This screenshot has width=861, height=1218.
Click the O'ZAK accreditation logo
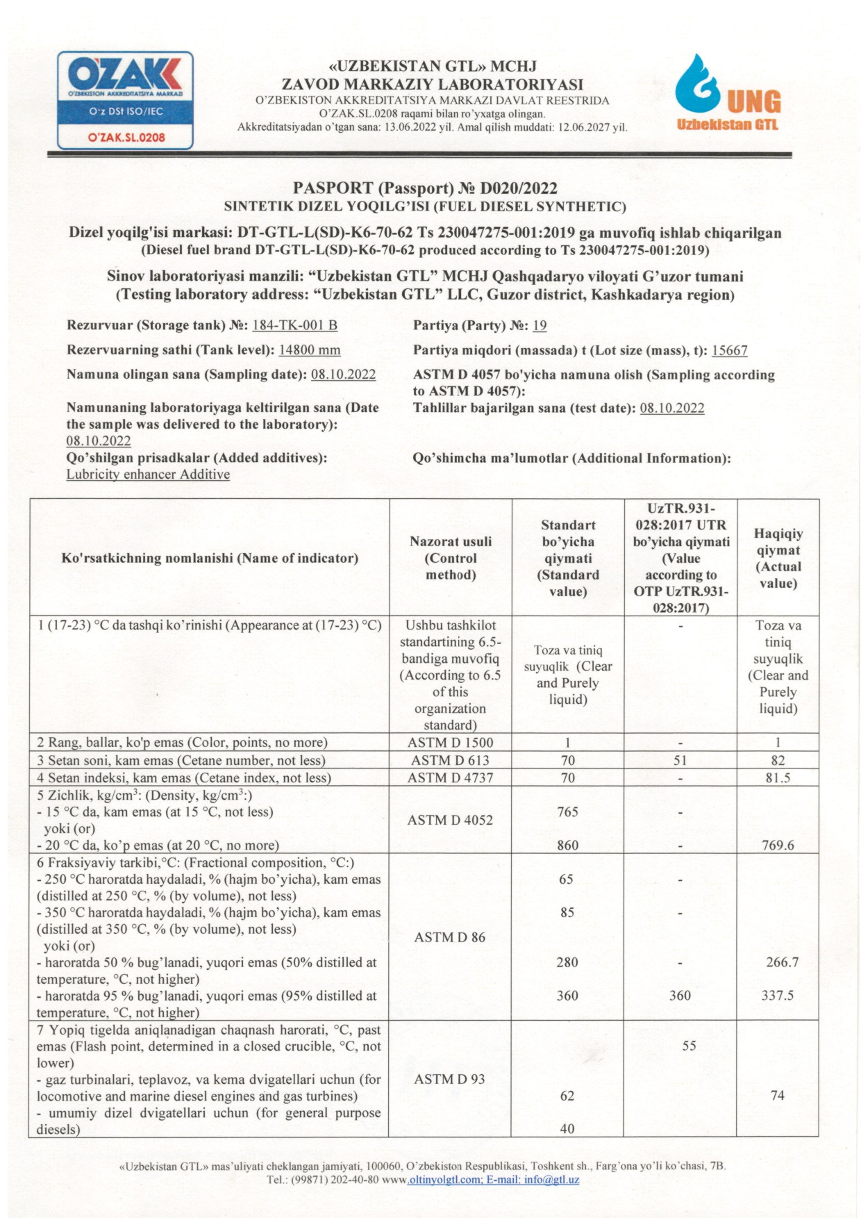(x=125, y=100)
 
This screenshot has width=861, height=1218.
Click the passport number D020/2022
(x=519, y=188)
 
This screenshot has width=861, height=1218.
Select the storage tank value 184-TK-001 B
(x=294, y=325)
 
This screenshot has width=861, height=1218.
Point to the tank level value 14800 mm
(x=309, y=350)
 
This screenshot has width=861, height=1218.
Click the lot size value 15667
(x=729, y=351)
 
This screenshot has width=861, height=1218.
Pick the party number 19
(x=540, y=325)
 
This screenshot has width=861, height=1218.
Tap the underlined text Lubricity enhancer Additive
(x=148, y=475)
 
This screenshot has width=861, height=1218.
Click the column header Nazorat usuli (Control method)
(x=451, y=558)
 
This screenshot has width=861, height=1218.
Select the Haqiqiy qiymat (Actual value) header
(x=778, y=558)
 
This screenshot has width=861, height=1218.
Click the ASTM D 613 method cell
(x=450, y=761)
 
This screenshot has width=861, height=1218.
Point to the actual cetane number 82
(x=778, y=761)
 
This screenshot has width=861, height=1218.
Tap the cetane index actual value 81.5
(x=778, y=778)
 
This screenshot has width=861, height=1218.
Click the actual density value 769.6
(x=778, y=846)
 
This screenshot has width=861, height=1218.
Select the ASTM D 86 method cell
(x=450, y=937)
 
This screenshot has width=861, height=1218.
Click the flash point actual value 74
(x=778, y=1096)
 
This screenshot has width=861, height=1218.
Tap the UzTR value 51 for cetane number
(x=680, y=761)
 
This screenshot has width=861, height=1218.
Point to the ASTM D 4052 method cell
(x=450, y=821)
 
